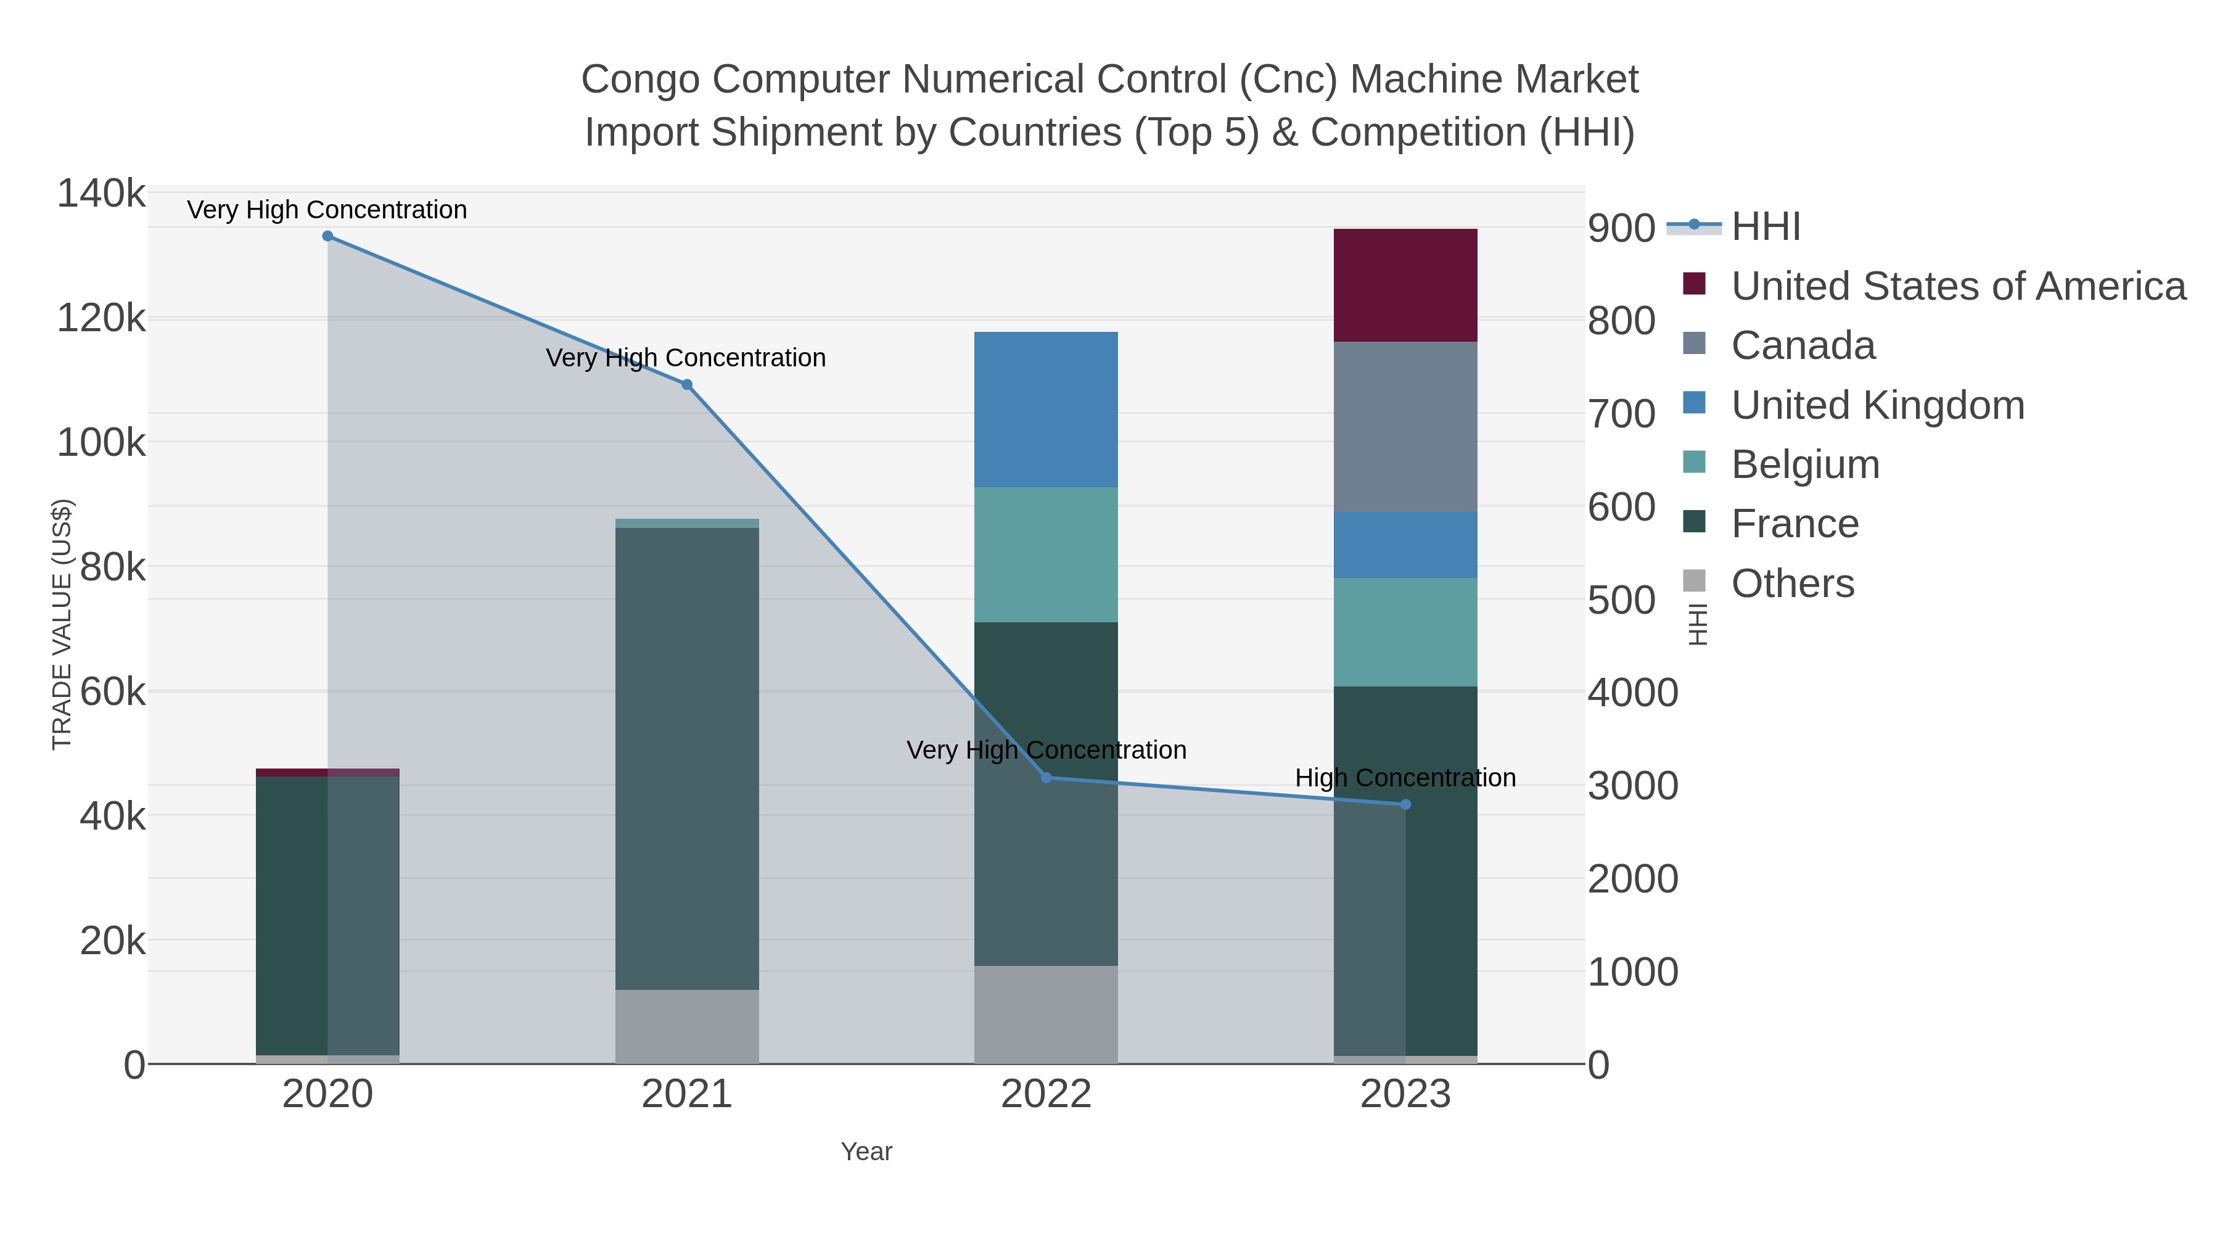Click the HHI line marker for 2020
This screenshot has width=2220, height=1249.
tap(327, 236)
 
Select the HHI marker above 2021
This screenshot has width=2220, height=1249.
tap(687, 384)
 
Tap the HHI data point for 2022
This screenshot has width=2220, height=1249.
tap(1046, 778)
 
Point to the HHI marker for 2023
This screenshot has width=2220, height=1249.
tap(1405, 804)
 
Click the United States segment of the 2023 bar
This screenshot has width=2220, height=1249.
tap(1405, 286)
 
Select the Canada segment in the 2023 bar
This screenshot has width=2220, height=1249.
tap(1405, 427)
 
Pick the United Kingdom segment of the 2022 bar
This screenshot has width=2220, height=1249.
tap(1046, 410)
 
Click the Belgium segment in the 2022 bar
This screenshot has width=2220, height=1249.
tap(1046, 554)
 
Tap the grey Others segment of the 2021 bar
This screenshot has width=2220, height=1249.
tap(687, 1026)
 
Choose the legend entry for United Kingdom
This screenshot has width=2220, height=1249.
tap(1877, 405)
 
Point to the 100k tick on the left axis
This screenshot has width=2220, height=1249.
tap(102, 443)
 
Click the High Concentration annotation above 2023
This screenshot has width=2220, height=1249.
tap(1405, 778)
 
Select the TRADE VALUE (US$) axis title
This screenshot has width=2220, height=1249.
tap(62, 624)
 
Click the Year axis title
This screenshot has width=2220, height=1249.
tap(866, 1152)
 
